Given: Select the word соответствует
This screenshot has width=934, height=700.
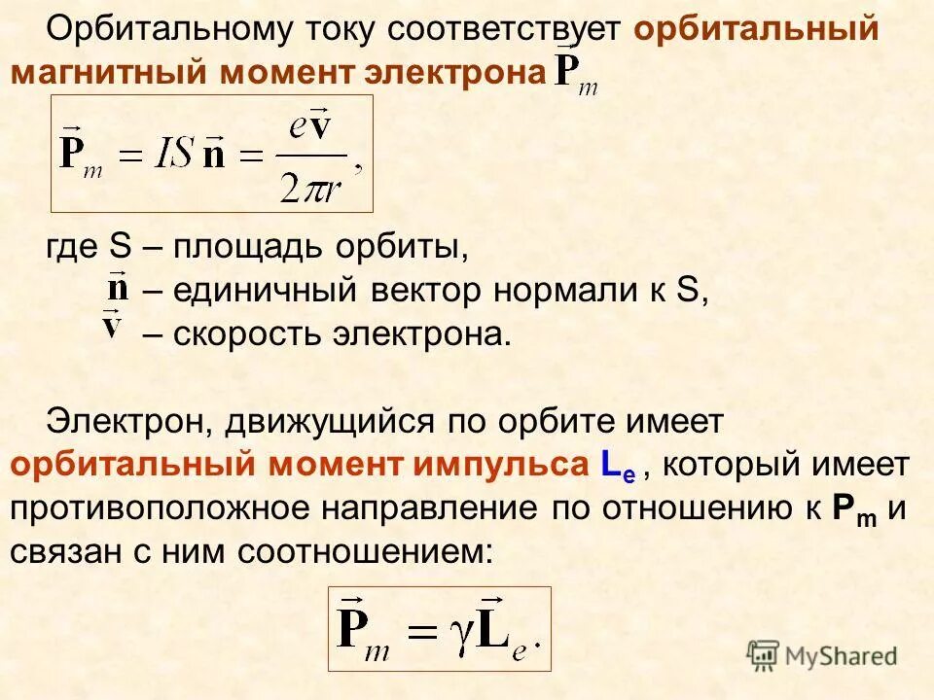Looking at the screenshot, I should [503, 30].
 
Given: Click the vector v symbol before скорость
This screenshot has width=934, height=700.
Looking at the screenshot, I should [114, 325].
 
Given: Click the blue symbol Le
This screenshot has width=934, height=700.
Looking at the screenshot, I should [617, 467].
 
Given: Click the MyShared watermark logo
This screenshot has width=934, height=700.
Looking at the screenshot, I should [822, 655].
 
